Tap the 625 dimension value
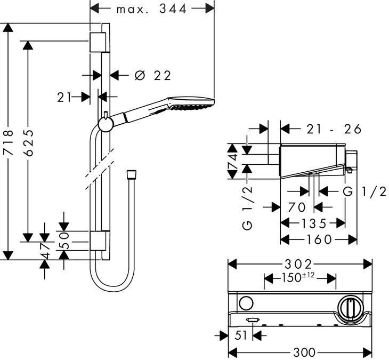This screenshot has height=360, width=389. [29, 142]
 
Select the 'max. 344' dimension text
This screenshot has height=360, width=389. [151, 9]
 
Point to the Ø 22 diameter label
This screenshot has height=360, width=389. [153, 76]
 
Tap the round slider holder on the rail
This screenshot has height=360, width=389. [106, 124]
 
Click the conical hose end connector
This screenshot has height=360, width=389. [131, 174]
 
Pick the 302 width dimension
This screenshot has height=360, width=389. [298, 264]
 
